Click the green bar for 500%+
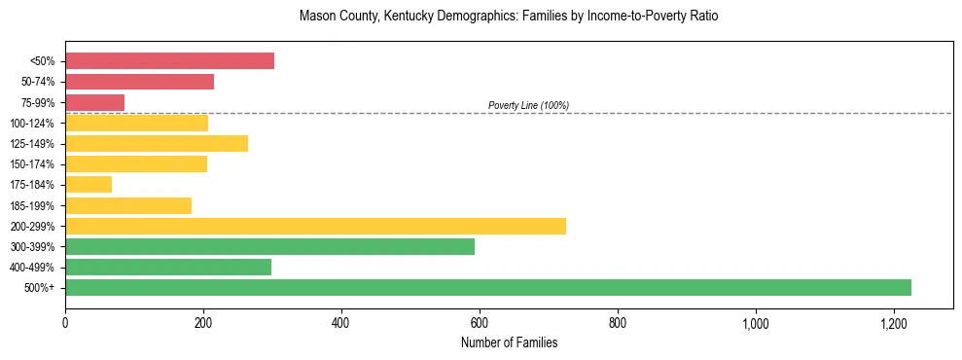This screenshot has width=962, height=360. pyautogui.click(x=487, y=287)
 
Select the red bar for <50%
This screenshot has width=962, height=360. pyautogui.click(x=169, y=61)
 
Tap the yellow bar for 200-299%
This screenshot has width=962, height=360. pyautogui.click(x=315, y=226)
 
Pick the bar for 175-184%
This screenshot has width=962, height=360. pyautogui.click(x=89, y=185)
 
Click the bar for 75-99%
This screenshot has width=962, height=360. pyautogui.click(x=94, y=102)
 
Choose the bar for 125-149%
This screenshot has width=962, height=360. pyautogui.click(x=157, y=144)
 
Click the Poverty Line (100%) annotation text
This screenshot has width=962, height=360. pyautogui.click(x=528, y=105)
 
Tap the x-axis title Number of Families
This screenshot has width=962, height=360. pyautogui.click(x=509, y=342)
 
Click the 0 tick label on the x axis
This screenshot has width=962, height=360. pyautogui.click(x=65, y=322)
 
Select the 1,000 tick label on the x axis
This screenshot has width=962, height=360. pyautogui.click(x=755, y=322)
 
